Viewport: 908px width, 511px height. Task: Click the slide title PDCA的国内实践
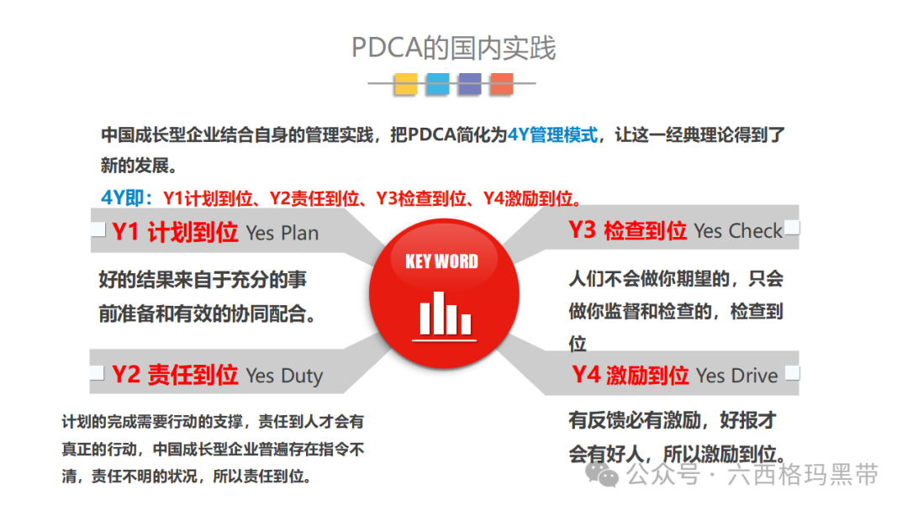tap(453, 48)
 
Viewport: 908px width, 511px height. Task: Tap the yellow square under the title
tap(406, 83)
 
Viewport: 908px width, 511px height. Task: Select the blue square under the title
tap(437, 83)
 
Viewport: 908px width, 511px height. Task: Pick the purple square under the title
tap(469, 83)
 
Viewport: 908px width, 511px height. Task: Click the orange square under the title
tap(502, 83)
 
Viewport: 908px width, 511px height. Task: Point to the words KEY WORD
tap(441, 261)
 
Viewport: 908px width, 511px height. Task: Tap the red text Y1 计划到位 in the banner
tap(175, 233)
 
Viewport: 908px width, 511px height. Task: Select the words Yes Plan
tap(282, 234)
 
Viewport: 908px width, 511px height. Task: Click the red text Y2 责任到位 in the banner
tap(175, 375)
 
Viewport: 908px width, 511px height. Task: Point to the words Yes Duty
tap(284, 376)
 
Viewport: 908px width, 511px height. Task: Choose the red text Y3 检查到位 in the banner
tap(627, 230)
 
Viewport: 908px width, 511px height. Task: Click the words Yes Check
tap(738, 231)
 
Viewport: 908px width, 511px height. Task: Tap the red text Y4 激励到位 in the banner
tap(631, 375)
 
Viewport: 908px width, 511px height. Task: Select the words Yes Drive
tap(737, 376)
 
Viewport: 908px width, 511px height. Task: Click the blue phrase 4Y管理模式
tap(552, 134)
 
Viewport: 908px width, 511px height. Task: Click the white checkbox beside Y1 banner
tap(98, 229)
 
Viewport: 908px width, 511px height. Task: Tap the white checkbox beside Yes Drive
tap(792, 373)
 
